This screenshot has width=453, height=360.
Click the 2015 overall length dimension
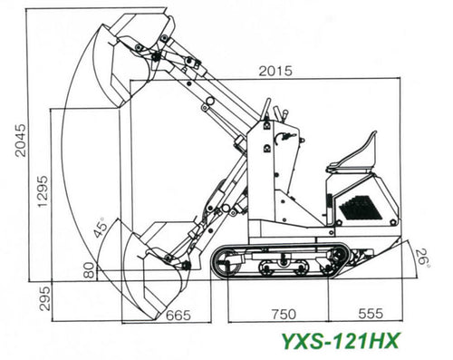[275, 71]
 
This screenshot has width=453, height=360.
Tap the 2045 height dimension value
[21, 140]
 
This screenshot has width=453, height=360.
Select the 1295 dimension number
[43, 191]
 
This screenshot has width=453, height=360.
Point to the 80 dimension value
[89, 270]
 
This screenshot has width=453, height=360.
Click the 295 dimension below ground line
[45, 298]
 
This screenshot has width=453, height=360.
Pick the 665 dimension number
[178, 315]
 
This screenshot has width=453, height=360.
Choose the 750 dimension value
[284, 315]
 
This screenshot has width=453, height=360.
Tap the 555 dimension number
[371, 314]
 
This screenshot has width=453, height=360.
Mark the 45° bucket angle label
[101, 227]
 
